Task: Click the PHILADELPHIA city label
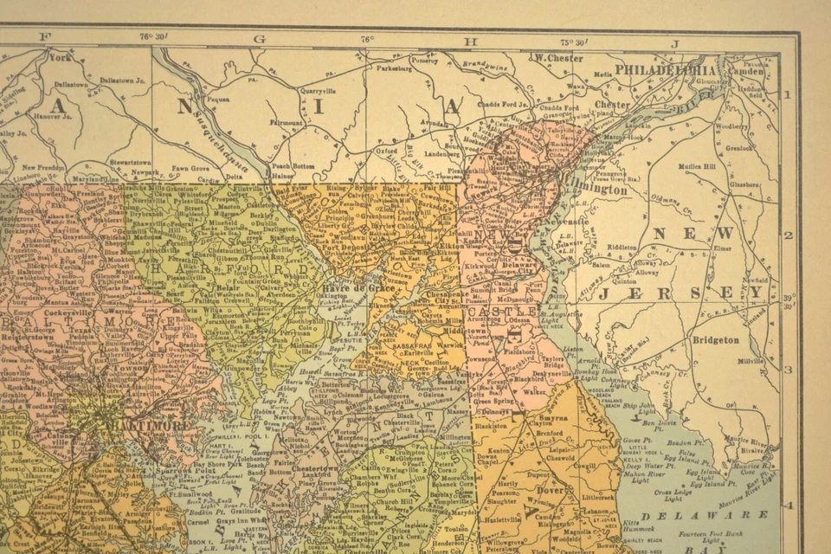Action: tap(665, 70)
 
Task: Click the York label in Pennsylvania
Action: tap(59, 58)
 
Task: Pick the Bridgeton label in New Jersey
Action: tap(715, 340)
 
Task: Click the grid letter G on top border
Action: tap(259, 39)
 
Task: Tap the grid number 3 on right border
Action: tap(789, 370)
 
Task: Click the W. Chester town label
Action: tap(558, 58)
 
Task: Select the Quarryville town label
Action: tap(317, 90)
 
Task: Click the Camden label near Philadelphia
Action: tap(750, 70)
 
